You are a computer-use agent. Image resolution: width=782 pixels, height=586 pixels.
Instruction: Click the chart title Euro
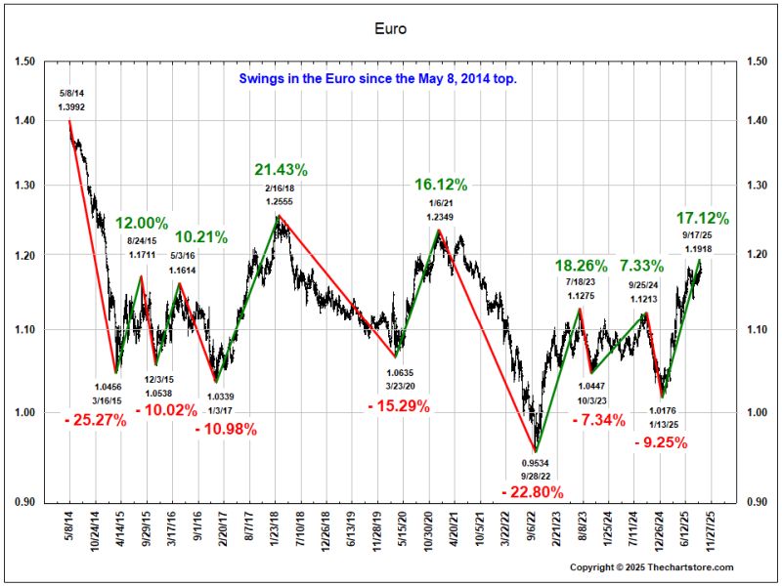(390, 29)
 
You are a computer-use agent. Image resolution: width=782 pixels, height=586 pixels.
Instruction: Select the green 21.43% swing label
(281, 169)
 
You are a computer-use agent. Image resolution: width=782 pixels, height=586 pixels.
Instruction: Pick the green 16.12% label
(441, 184)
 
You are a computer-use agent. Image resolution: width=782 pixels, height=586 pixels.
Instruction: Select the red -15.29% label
(398, 406)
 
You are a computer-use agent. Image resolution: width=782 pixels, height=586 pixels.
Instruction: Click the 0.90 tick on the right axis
(757, 502)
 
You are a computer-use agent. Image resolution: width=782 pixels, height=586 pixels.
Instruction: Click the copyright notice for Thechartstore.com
(651, 567)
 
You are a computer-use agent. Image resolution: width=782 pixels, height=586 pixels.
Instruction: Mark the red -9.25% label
(661, 442)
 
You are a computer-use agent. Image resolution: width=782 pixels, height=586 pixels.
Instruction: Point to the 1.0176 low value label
(665, 411)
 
